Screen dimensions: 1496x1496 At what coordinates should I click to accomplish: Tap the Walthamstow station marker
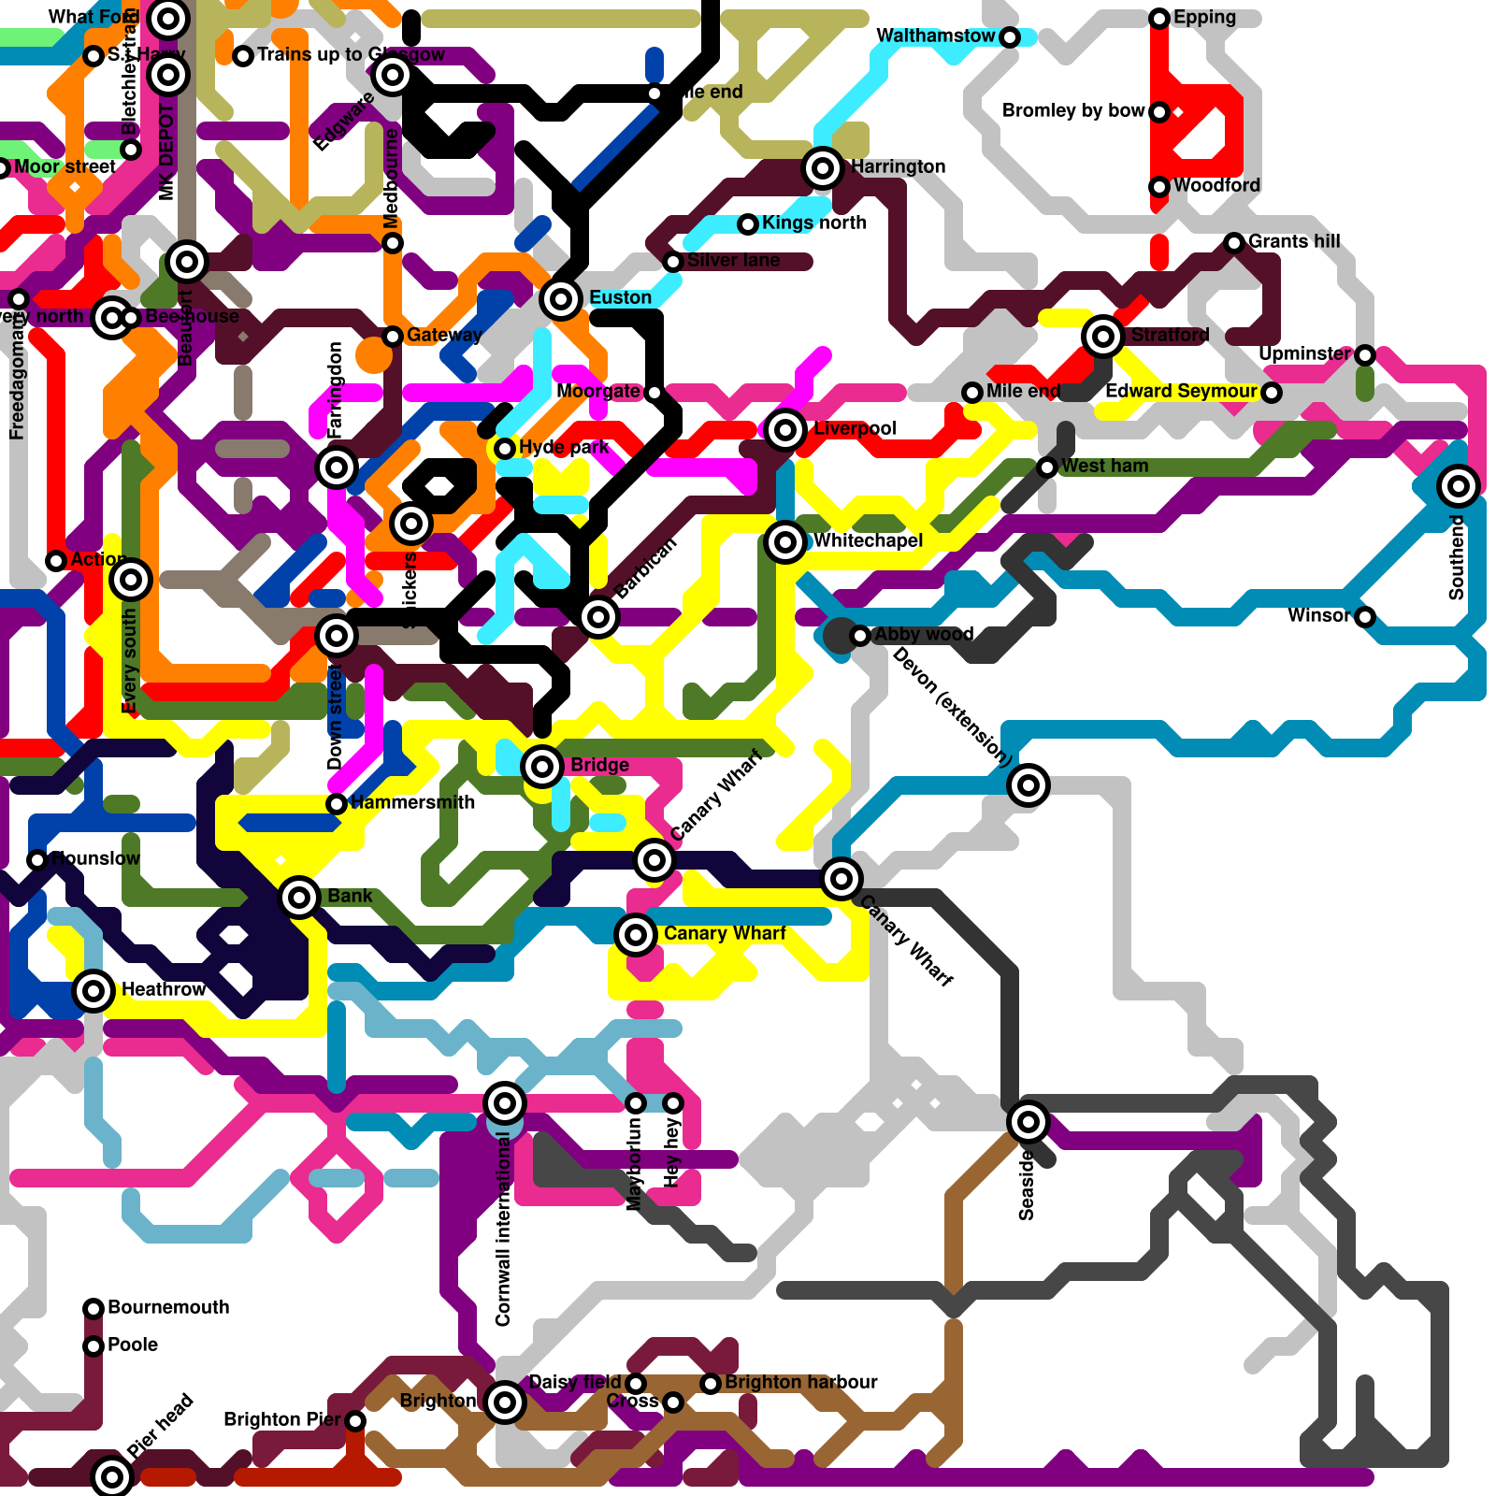pos(1010,37)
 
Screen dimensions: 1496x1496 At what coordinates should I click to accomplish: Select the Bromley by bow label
pos(1073,110)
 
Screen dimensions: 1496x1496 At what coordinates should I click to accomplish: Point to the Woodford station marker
pos(1159,187)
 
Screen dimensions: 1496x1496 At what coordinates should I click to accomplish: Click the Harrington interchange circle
pos(823,168)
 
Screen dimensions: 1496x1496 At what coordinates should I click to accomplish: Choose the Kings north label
pos(813,223)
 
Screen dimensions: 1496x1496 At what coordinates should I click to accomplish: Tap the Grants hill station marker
pos(1234,243)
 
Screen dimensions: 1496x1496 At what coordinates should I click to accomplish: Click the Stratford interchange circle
pos(1103,336)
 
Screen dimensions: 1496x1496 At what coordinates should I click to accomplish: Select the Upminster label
pos(1304,353)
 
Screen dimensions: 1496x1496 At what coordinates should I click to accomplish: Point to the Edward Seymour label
pos(1181,391)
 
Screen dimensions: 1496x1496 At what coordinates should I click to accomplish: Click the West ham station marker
pos(1047,467)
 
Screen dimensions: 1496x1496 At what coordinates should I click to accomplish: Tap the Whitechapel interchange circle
pos(785,542)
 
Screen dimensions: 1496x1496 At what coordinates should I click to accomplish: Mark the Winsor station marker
pos(1365,617)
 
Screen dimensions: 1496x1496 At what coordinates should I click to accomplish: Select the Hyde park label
pos(564,447)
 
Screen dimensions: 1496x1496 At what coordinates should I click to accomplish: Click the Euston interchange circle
pos(561,299)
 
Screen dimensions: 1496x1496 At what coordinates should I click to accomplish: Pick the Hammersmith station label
pos(412,802)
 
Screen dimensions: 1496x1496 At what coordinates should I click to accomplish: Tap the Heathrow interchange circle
pos(93,990)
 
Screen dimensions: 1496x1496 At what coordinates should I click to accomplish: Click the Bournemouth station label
pos(168,1307)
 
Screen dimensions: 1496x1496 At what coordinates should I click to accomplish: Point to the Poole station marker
pos(93,1346)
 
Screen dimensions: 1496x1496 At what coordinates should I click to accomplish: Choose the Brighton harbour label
pos(801,1382)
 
